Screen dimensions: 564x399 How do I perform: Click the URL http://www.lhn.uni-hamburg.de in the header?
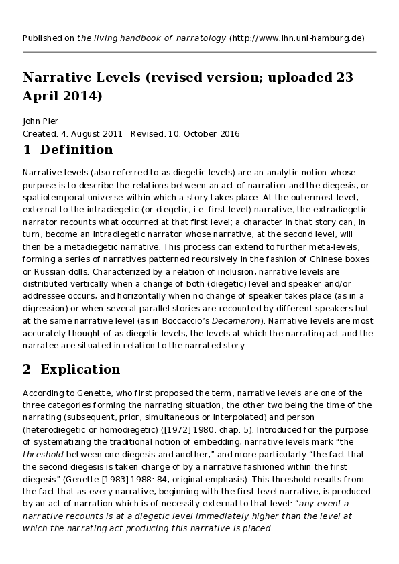coord(297,38)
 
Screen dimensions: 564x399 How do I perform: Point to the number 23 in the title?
coord(345,78)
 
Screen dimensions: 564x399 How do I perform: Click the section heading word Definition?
coord(76,149)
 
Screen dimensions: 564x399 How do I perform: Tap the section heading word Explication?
coord(80,369)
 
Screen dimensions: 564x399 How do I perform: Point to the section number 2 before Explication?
coord(27,369)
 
